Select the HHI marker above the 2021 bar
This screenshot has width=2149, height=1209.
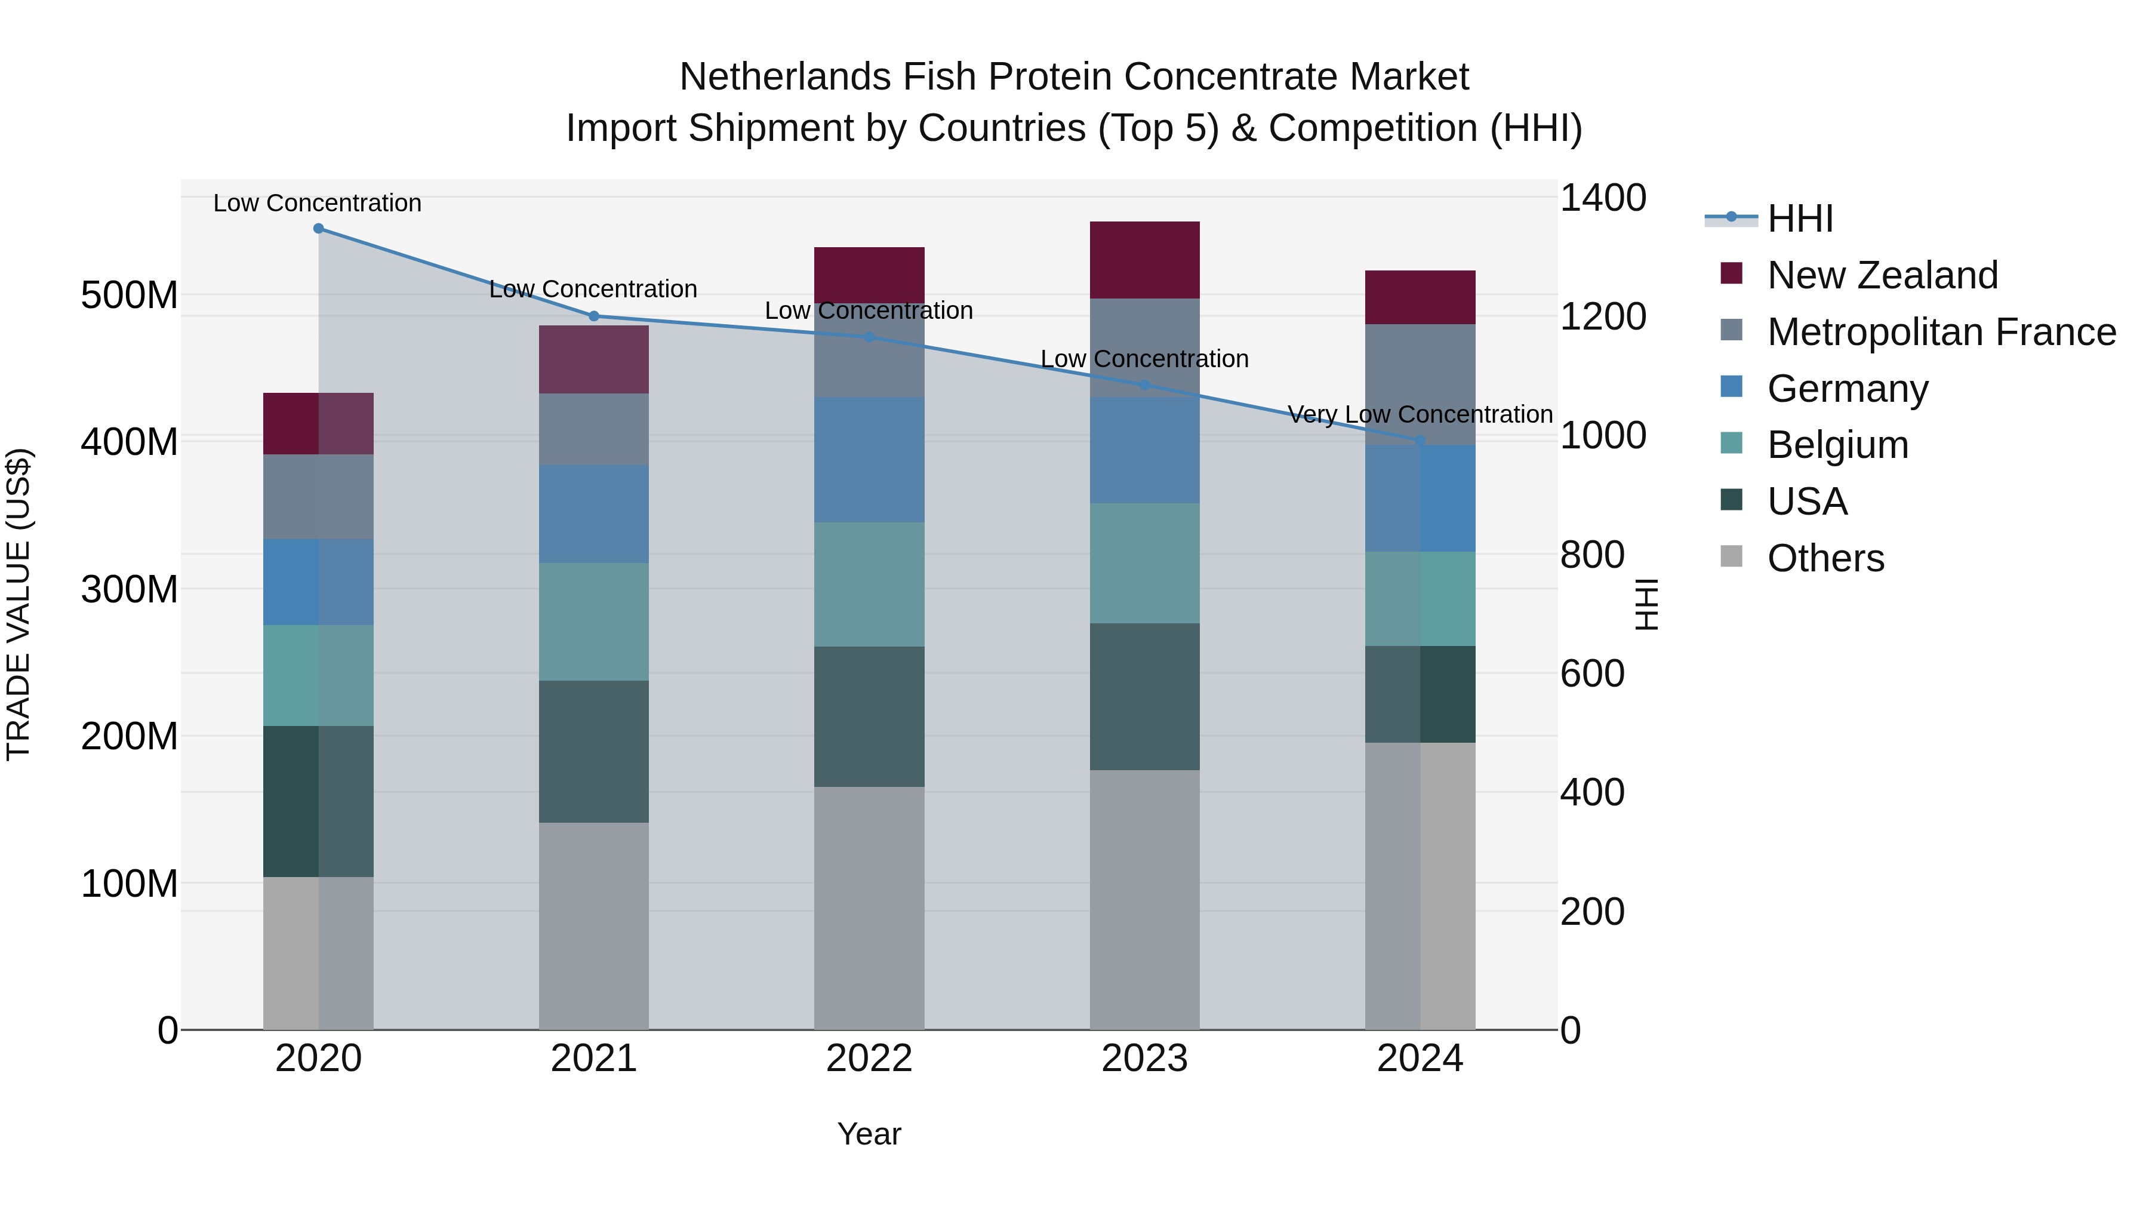594,316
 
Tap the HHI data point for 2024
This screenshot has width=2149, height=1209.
1420,439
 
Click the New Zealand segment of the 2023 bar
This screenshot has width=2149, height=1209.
1144,260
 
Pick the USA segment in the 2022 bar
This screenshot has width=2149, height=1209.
869,716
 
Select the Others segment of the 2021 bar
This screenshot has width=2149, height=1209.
594,926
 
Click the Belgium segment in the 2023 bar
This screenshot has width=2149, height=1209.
1144,563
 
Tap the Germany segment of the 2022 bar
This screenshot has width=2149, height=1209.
869,460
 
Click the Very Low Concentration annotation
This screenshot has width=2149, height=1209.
1420,415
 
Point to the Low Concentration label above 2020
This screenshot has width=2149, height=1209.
317,204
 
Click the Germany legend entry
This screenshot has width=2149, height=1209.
1848,389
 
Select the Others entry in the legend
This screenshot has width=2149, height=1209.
1825,558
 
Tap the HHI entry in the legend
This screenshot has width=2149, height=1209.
1800,219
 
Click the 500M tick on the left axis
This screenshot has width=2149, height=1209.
130,296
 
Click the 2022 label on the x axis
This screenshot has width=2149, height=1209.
869,1059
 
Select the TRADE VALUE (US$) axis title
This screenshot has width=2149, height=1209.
19,604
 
